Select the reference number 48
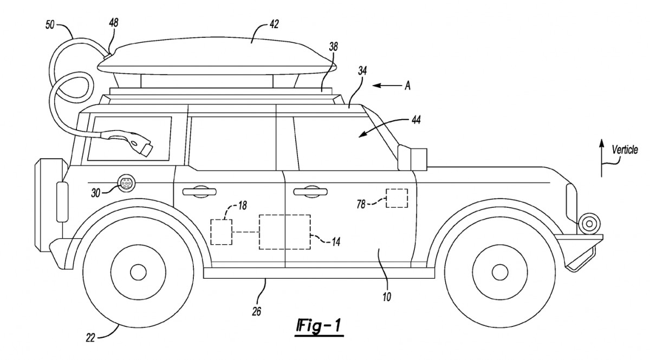coord(114,23)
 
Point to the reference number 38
coord(333,47)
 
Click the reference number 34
coord(363,70)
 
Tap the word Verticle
coord(625,150)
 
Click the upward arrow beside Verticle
coord(601,157)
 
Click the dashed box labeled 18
coord(221,232)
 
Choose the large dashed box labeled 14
coord(284,232)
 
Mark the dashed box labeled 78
coord(397,198)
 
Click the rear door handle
coord(197,190)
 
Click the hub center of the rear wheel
coord(138,271)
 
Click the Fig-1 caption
coord(318,326)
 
